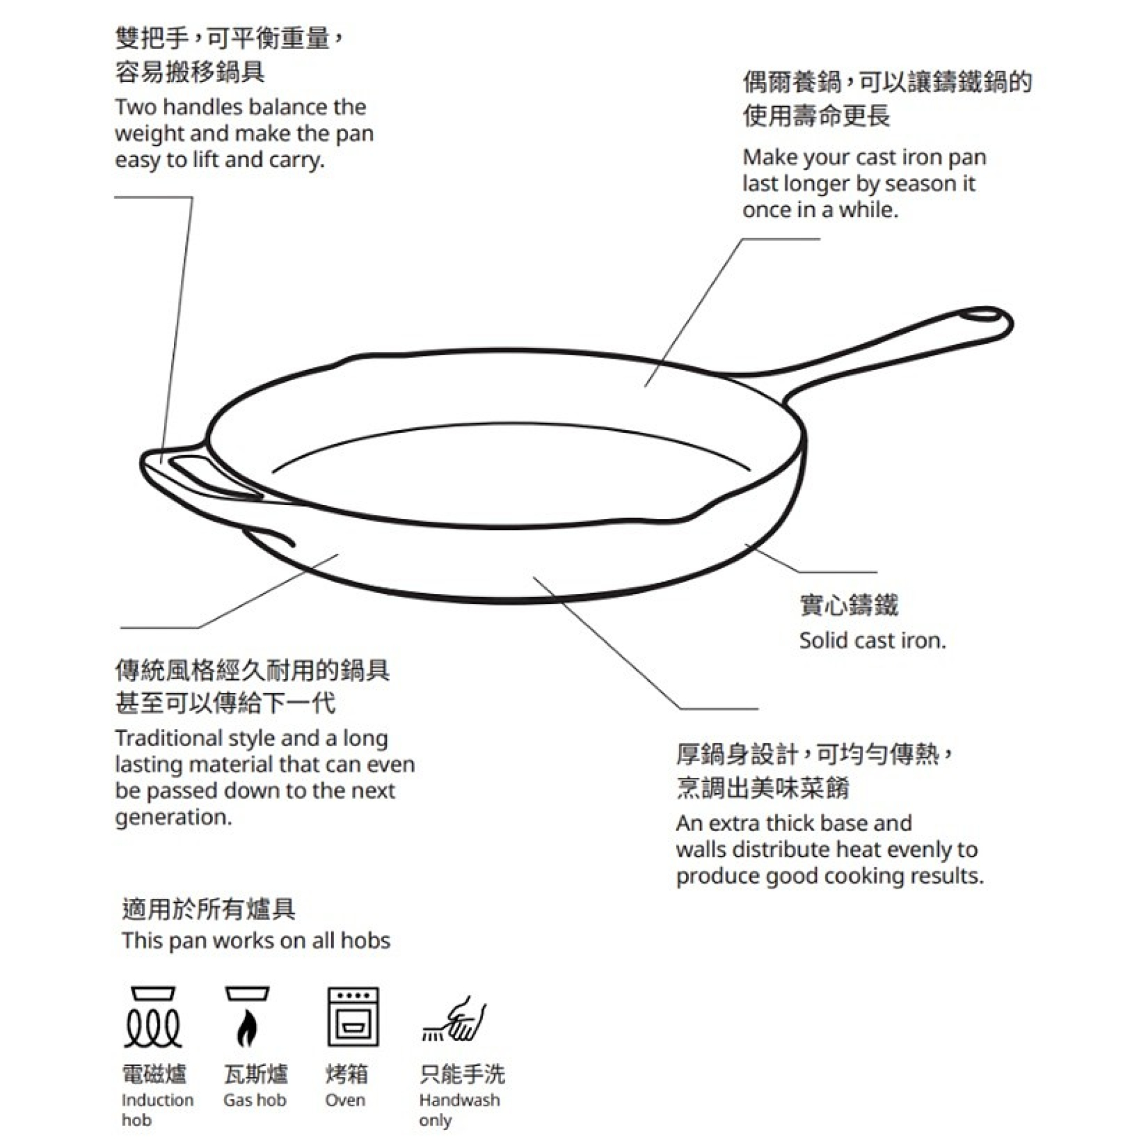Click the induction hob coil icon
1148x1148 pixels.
(x=153, y=1017)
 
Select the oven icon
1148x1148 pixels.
(x=353, y=1017)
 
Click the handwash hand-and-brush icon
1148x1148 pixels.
(x=454, y=1019)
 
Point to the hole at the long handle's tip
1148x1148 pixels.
(x=980, y=315)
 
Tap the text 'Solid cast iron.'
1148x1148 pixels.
(x=872, y=641)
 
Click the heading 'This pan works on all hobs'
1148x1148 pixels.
(x=256, y=941)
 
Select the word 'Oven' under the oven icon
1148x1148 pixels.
(x=344, y=1100)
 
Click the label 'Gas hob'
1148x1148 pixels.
(x=255, y=1100)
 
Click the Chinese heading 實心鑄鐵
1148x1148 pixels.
(x=848, y=605)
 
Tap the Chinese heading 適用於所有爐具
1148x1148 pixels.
(x=208, y=909)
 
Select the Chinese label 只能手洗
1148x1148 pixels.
(x=462, y=1074)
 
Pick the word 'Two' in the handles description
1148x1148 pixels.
(x=136, y=107)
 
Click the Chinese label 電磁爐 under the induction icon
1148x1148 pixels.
(x=154, y=1074)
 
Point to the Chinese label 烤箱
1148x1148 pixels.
(x=347, y=1074)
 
